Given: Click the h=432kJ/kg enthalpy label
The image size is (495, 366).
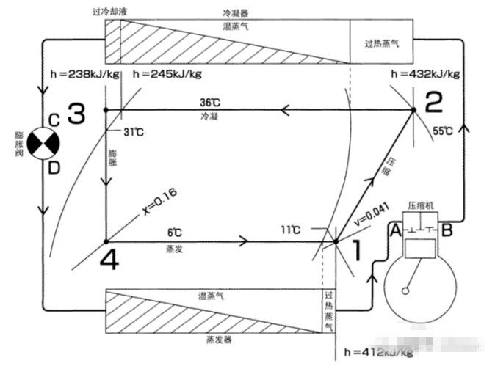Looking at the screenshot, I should click(426, 74).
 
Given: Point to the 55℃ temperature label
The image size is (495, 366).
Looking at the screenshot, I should click(443, 131).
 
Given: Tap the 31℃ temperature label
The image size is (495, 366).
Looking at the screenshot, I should click(135, 132).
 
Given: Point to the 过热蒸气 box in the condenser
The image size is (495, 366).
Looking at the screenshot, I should click(381, 43).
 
